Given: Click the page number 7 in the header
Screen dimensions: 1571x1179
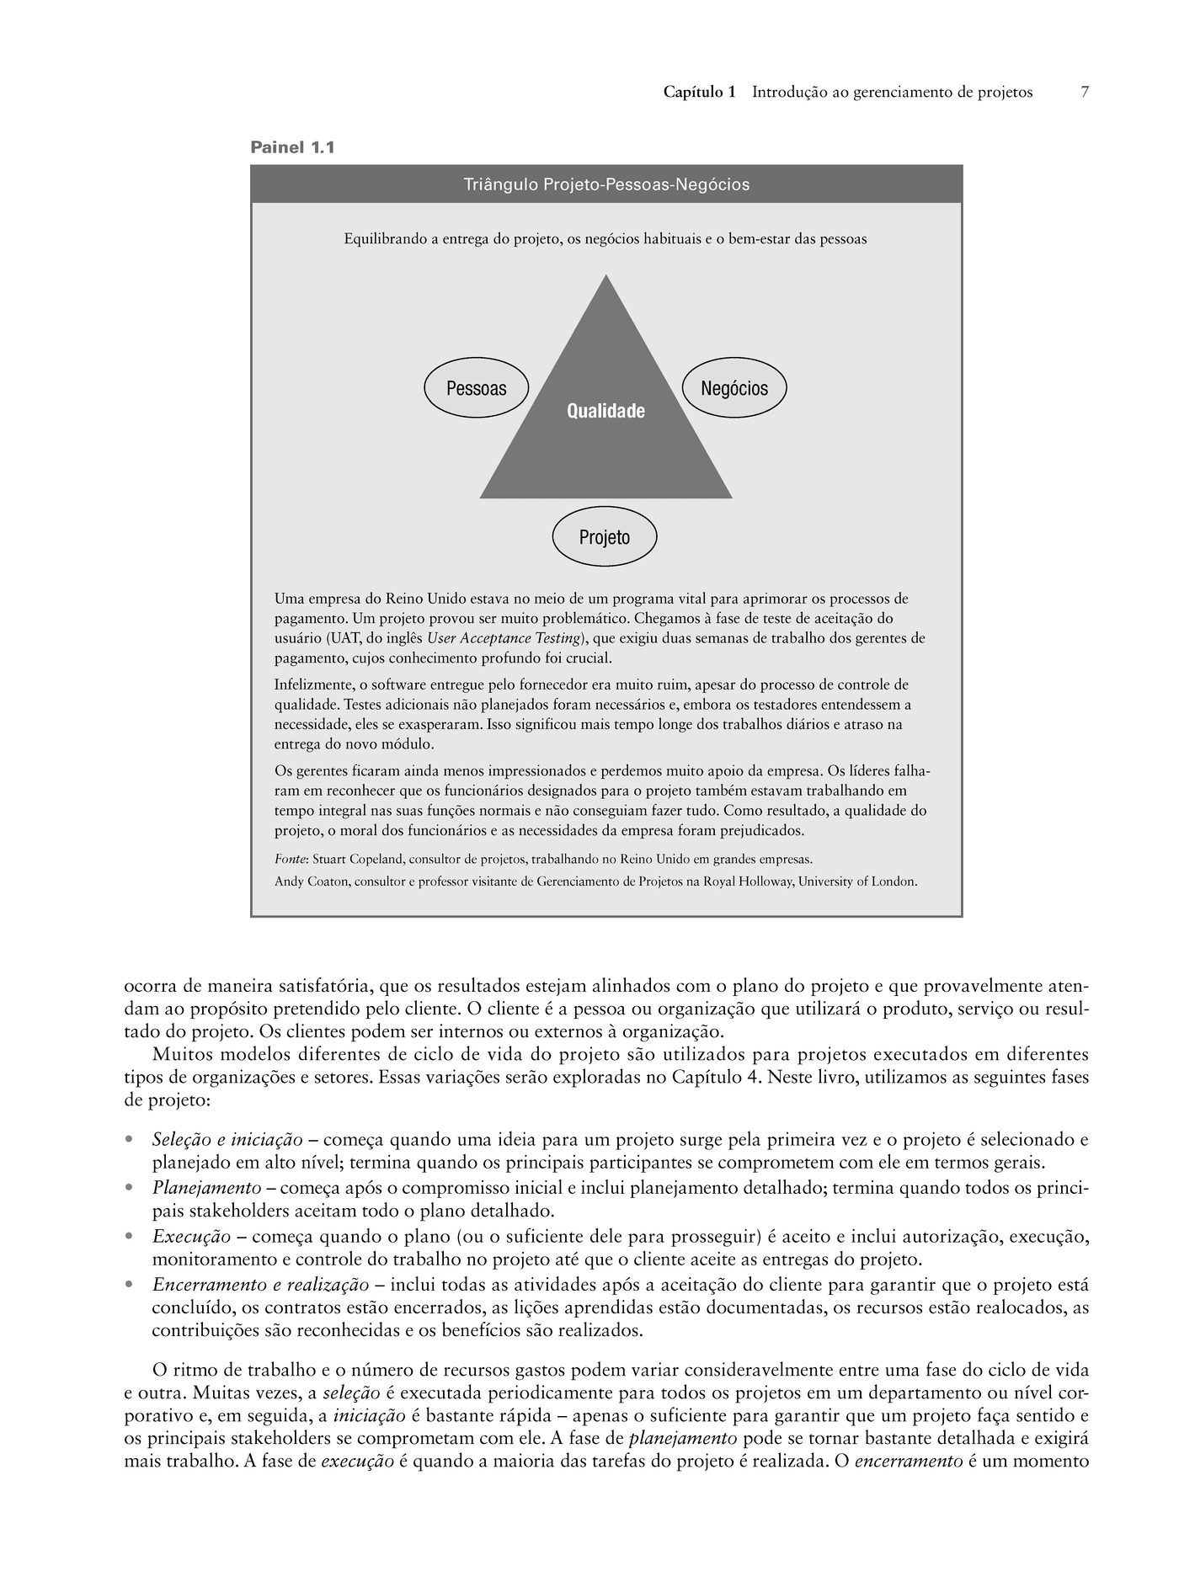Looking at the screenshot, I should pyautogui.click(x=1085, y=92).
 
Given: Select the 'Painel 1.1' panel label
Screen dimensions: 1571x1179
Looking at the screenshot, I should pyautogui.click(x=292, y=147).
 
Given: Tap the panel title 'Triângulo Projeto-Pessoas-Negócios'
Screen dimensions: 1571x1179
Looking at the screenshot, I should pyautogui.click(x=606, y=184).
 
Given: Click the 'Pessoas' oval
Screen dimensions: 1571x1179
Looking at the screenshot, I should pyautogui.click(x=476, y=388).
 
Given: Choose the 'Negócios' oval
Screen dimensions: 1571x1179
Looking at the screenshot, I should pyautogui.click(x=734, y=388).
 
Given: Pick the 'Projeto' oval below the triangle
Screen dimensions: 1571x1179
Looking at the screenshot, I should pyautogui.click(x=604, y=537).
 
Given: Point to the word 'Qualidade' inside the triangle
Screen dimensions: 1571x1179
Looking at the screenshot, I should pyautogui.click(x=606, y=411).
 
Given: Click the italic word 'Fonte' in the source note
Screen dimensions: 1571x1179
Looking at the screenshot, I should pyautogui.click(x=290, y=860).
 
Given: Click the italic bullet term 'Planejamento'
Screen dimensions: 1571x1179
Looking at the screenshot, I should pyautogui.click(x=206, y=1188).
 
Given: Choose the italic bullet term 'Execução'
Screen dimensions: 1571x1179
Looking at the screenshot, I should pyautogui.click(x=191, y=1237).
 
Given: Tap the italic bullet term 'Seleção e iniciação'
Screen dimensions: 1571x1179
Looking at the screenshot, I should pyautogui.click(x=227, y=1140).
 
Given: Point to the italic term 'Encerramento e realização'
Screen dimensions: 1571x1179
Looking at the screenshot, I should pyautogui.click(x=260, y=1285).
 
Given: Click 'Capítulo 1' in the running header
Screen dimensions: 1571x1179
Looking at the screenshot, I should pyautogui.click(x=699, y=92).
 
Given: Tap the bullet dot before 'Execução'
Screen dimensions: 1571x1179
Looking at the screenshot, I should pyautogui.click(x=129, y=1237).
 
